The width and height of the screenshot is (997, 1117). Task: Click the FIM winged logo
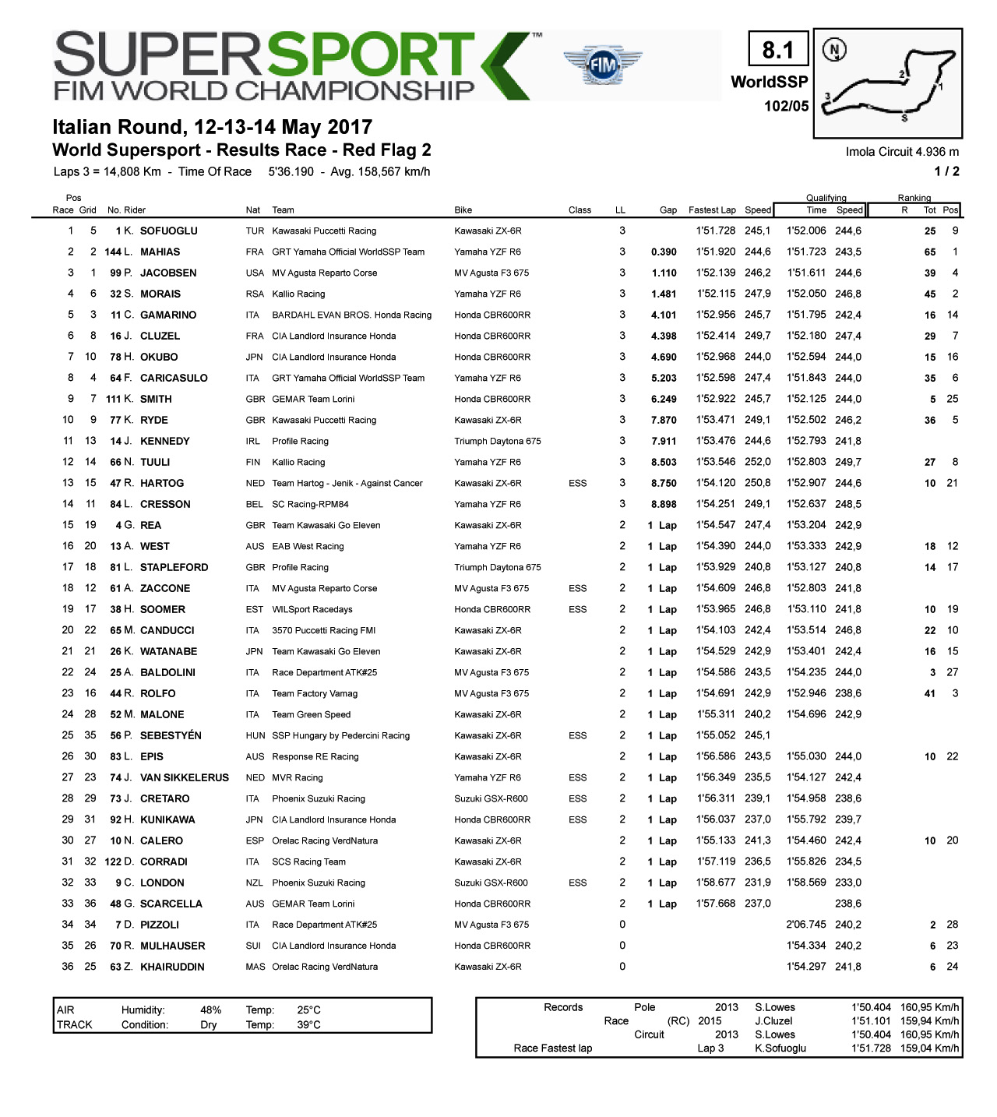(x=603, y=65)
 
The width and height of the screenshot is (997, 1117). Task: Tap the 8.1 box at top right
(x=777, y=51)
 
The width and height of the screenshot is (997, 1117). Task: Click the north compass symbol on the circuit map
(x=835, y=51)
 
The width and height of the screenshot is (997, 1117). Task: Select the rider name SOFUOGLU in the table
(x=168, y=231)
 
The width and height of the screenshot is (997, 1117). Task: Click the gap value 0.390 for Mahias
(x=664, y=252)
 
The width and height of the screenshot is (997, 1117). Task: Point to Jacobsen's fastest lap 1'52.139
(x=715, y=273)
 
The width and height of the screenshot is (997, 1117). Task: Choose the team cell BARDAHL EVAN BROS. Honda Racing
(x=351, y=315)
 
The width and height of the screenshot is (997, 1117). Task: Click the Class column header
(x=580, y=210)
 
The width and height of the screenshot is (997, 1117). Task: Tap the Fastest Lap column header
(x=712, y=210)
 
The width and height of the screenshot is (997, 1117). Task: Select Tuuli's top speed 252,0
(x=757, y=462)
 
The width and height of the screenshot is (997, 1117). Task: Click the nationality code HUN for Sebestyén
(x=255, y=735)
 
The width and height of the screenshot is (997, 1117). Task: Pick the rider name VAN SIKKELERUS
(x=185, y=777)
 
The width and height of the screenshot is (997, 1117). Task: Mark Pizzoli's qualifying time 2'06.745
(x=806, y=925)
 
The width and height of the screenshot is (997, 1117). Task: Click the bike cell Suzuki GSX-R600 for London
(x=491, y=883)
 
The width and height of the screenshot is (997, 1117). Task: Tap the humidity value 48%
(x=210, y=1010)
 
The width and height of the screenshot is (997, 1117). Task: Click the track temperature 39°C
(x=308, y=1024)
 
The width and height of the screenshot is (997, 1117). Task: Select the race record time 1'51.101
(x=871, y=1020)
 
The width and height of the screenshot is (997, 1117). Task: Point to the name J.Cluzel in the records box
(x=773, y=1020)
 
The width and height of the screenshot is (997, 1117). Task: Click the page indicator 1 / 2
(x=946, y=171)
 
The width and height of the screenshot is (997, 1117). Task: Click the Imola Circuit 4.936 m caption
(x=902, y=152)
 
